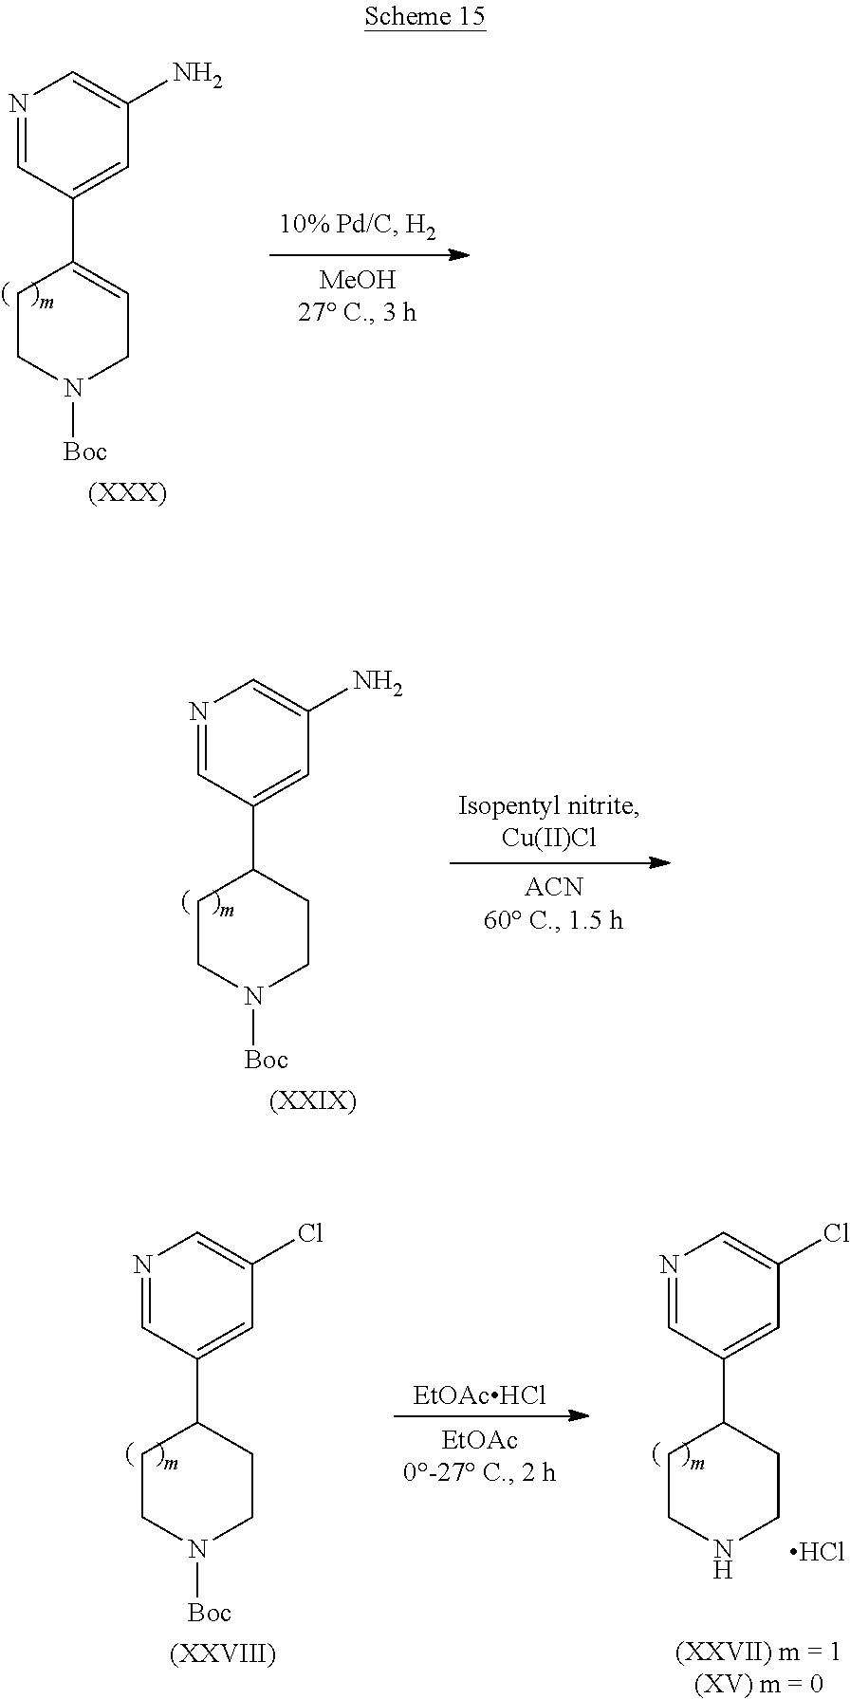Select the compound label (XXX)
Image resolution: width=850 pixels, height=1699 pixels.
(x=126, y=494)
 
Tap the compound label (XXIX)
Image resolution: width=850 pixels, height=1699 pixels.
(x=312, y=1101)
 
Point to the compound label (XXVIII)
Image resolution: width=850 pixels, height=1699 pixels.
(x=222, y=1654)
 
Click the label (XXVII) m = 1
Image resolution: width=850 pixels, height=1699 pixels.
(x=757, y=1652)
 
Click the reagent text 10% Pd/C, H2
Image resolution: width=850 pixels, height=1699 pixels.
(x=357, y=225)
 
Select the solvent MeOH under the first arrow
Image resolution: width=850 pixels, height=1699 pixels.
(x=357, y=281)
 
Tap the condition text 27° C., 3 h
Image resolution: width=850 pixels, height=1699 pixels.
(x=357, y=312)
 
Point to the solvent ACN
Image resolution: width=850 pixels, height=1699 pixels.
(x=553, y=889)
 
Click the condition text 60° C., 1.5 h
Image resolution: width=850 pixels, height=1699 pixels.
(x=553, y=920)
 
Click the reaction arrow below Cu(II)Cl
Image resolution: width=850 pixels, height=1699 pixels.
(x=560, y=863)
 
